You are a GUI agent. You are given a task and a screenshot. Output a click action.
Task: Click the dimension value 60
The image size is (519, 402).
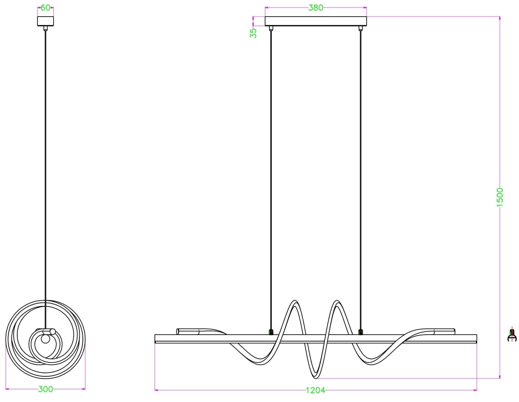pyautogui.click(x=45, y=8)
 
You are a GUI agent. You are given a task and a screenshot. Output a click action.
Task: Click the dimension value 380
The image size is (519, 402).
pyautogui.click(x=316, y=8)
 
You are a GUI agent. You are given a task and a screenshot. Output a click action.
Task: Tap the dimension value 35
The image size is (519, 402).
pyautogui.click(x=253, y=33)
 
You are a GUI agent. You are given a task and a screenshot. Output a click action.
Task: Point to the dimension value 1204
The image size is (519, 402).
pyautogui.click(x=316, y=390)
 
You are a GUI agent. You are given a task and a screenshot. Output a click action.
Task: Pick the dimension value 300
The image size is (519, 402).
pyautogui.click(x=45, y=389)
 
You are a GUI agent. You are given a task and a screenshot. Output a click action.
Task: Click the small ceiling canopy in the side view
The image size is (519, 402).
pyautogui.click(x=45, y=21)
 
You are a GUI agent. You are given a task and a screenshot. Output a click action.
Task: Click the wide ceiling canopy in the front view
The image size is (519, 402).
pyautogui.click(x=316, y=21)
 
